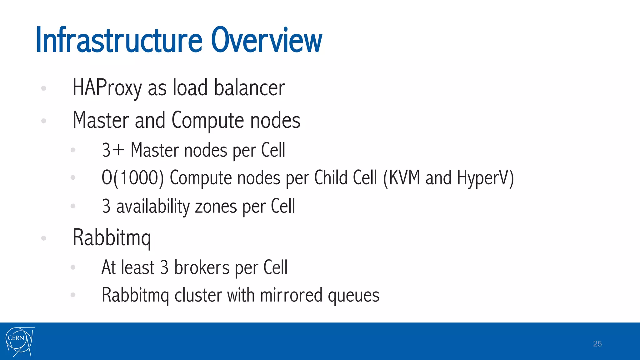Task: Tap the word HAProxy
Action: (107, 88)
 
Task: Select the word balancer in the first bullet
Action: (249, 88)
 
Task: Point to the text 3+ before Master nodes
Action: (113, 150)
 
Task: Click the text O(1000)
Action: (132, 178)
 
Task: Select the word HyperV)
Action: (485, 178)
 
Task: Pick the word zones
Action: (216, 207)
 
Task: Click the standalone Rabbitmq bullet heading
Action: (112, 238)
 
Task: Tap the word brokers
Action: (202, 268)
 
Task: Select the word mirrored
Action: (291, 295)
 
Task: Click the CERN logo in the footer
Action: (20, 342)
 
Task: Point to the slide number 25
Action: (597, 344)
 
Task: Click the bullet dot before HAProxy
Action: (44, 88)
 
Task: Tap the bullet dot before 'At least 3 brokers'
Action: (73, 267)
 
